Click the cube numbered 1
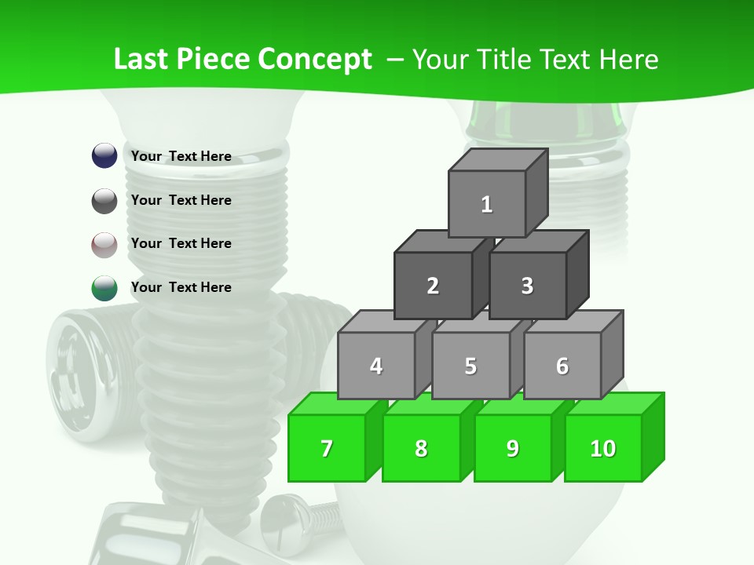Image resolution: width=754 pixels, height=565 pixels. click(x=487, y=204)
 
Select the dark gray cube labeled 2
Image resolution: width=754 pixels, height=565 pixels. click(x=433, y=286)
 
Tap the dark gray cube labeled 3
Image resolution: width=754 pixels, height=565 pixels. click(x=527, y=286)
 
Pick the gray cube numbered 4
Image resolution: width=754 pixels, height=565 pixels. click(x=376, y=366)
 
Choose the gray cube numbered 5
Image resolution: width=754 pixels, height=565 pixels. click(x=470, y=366)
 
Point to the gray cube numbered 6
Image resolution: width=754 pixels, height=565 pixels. click(x=562, y=366)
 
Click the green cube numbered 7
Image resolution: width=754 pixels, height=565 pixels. click(x=327, y=448)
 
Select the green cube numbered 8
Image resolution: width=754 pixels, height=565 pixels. click(x=421, y=448)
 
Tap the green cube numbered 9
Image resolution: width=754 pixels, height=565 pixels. click(x=513, y=448)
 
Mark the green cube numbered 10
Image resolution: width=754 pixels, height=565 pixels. click(x=603, y=448)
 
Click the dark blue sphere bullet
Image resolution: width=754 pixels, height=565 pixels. click(x=104, y=155)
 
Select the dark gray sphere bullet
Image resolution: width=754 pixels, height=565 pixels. click(x=104, y=201)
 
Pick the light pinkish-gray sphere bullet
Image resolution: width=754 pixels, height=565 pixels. click(x=104, y=245)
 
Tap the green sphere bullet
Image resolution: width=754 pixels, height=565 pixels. click(x=104, y=288)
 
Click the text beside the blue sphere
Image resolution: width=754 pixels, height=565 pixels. click(x=181, y=156)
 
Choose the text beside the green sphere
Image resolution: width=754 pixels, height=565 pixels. click(x=181, y=287)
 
